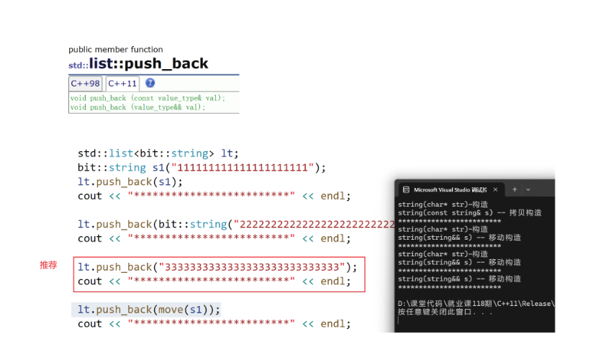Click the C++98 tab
pos(86,84)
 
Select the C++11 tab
pos(123,84)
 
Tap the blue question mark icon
pos(150,83)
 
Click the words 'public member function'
pos(115,49)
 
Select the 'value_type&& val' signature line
pos(137,107)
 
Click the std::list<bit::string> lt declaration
pos(158,153)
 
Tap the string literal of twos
pos(317,224)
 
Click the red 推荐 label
pos(48,266)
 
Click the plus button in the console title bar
pos(515,189)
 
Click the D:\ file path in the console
pos(476,304)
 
